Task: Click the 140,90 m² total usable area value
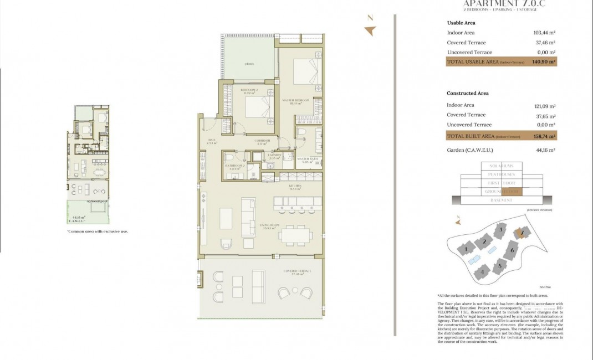(x=543, y=62)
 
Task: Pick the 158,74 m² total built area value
(x=543, y=136)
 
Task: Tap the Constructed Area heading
(x=468, y=93)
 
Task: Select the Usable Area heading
(x=461, y=23)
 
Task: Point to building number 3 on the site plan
(x=500, y=229)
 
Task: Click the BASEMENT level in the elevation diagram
(x=502, y=200)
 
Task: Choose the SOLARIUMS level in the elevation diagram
(x=502, y=166)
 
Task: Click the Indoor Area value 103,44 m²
(x=544, y=33)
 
